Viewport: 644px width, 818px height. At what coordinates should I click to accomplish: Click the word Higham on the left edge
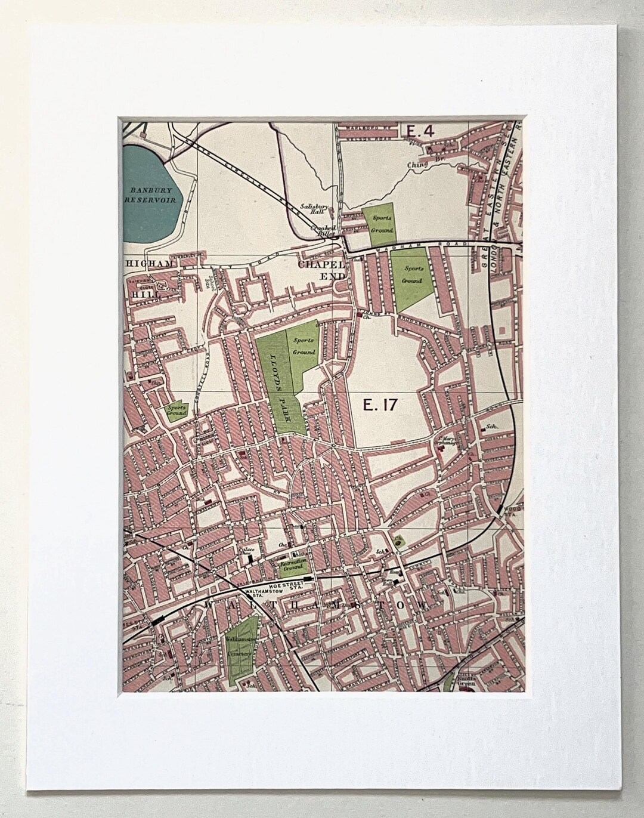click(149, 263)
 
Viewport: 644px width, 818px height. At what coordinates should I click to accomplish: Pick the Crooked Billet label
click(323, 231)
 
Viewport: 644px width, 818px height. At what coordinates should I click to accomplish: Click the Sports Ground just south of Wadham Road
click(412, 276)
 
